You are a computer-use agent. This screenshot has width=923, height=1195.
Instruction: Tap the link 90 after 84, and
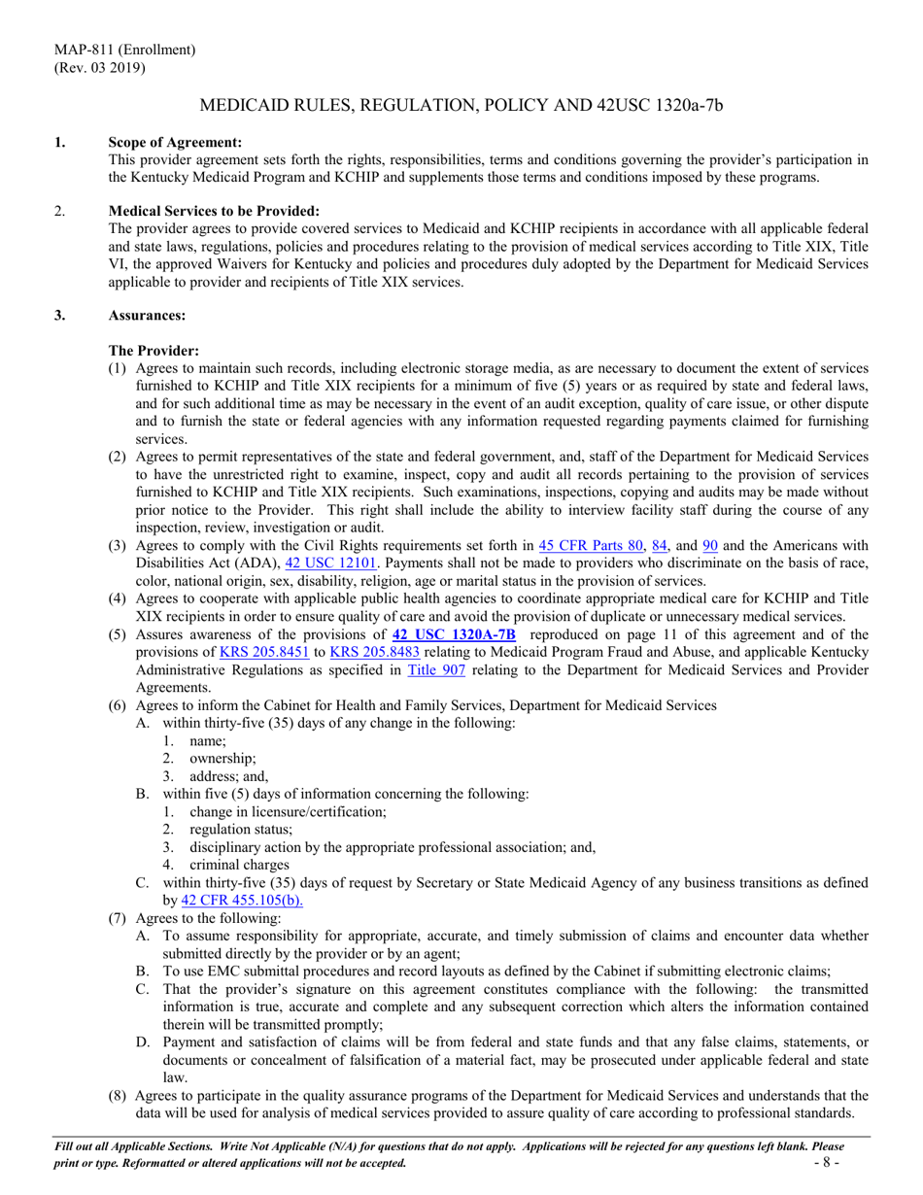[x=709, y=545]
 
